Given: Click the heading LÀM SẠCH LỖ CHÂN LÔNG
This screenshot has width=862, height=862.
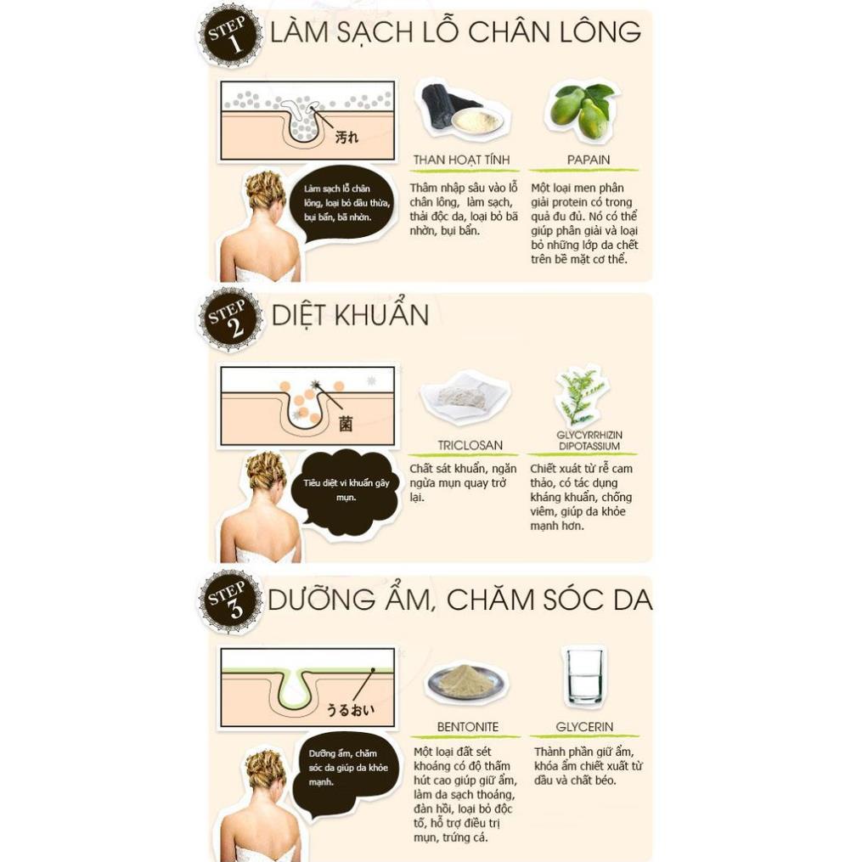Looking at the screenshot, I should point(454,32).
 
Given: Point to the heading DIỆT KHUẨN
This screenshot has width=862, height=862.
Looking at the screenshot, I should point(350,315).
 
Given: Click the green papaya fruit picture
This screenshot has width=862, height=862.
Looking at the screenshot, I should point(582,110).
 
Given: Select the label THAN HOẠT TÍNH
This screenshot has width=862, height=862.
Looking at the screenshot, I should point(461,160).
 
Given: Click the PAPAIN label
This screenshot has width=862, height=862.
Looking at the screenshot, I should point(589,160).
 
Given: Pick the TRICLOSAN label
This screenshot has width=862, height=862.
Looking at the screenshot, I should point(470,445).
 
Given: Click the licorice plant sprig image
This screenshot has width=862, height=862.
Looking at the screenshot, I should point(582,395).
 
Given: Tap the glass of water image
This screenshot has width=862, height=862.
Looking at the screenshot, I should point(584,675).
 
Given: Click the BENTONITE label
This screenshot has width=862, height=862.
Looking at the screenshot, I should point(467,727).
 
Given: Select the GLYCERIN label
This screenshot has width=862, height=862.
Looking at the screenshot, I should point(584,727).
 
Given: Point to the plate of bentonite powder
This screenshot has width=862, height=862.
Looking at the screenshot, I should point(465,681).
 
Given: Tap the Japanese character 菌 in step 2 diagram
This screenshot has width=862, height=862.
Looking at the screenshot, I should point(345,422).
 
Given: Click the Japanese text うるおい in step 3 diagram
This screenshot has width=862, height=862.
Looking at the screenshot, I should point(350,708).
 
